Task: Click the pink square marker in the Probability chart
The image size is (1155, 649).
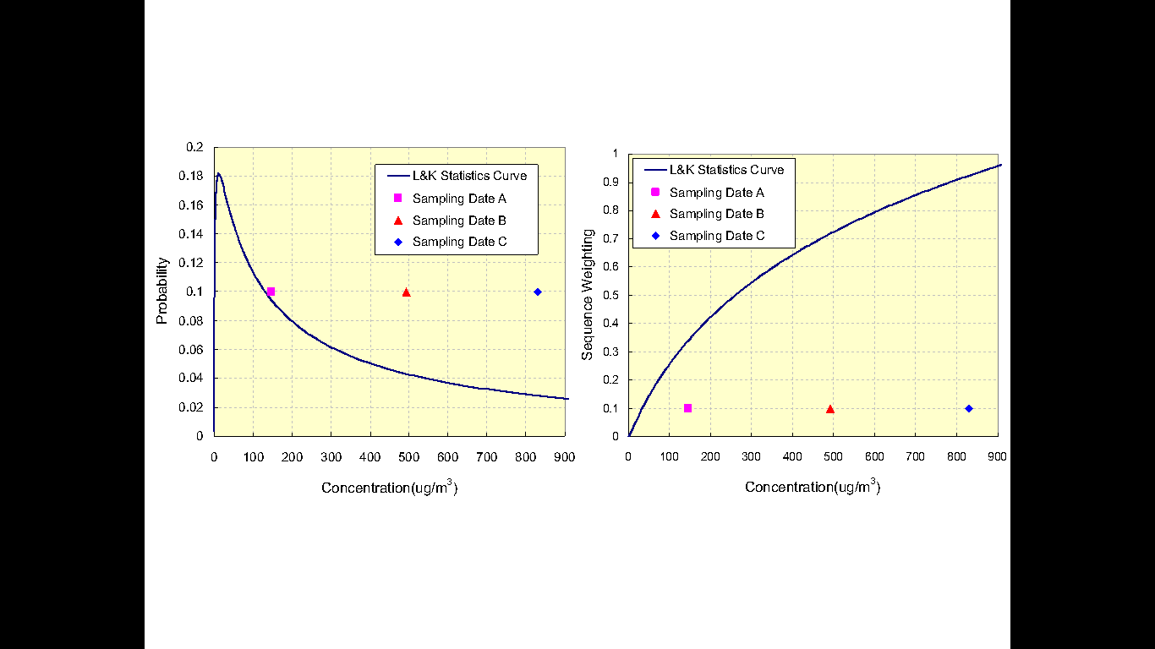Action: coord(271,292)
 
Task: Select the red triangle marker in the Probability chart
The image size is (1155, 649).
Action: coord(406,292)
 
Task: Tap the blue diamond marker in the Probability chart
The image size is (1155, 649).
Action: coord(538,292)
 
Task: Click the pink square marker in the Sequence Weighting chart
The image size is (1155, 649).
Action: coord(687,408)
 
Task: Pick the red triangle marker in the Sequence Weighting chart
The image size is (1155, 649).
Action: coord(830,409)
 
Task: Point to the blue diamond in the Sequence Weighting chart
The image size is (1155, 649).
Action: coord(969,408)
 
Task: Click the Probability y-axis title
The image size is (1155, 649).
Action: coord(163,291)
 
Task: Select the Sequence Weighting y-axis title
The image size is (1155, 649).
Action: coord(588,295)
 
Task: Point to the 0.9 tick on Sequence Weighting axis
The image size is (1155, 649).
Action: coord(610,182)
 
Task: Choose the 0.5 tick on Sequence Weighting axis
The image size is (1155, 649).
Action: coord(610,295)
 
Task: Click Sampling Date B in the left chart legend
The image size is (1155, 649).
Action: coord(458,221)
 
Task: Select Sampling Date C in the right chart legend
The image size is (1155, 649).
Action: coord(716,236)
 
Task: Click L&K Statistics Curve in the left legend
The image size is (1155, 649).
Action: coord(468,176)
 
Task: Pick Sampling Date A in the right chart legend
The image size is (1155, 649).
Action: coord(716,193)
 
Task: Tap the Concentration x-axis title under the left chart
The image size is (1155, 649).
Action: coord(389,488)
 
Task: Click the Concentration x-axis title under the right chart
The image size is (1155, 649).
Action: coord(813,488)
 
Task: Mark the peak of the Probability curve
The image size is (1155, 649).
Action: coord(218,174)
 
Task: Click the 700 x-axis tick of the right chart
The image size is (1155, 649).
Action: coord(916,456)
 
